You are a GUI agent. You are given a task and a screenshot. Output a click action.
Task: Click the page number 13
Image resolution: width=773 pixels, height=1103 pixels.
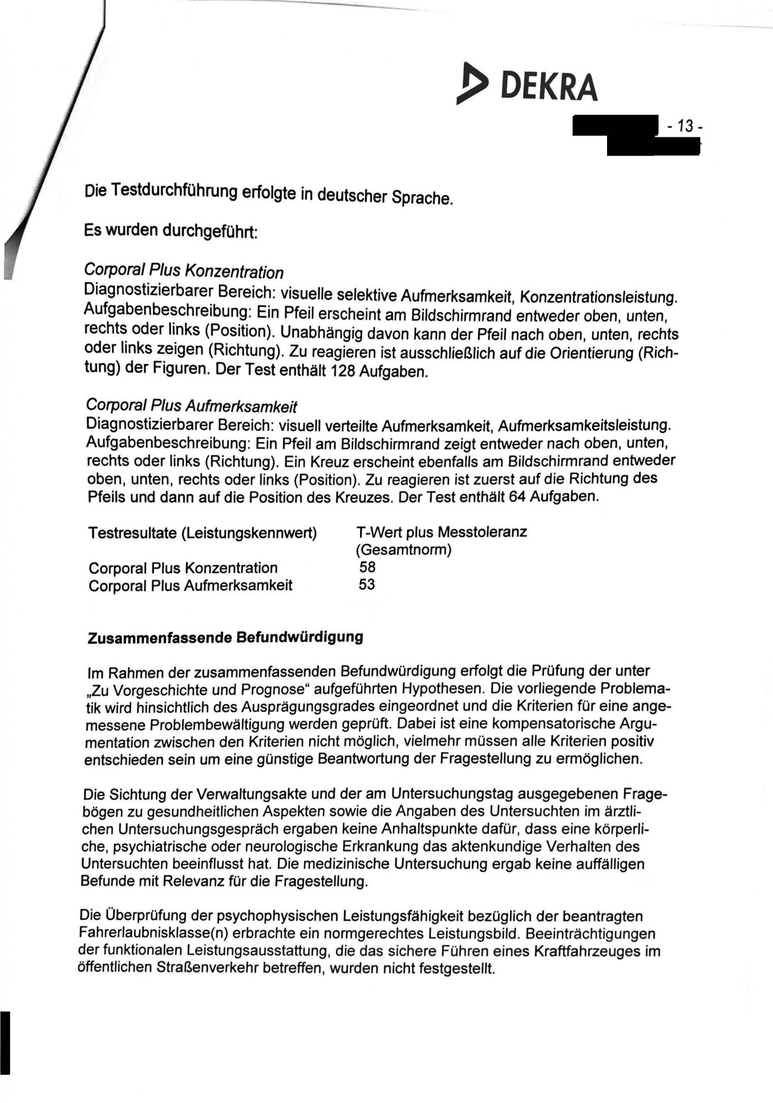tap(684, 127)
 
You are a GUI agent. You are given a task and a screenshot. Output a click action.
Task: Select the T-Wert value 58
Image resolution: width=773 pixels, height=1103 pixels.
tap(367, 566)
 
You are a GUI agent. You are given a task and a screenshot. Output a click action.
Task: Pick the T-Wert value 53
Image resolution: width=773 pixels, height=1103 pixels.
tap(367, 584)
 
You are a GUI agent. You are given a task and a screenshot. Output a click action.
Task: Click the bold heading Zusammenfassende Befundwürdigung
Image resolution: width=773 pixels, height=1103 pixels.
tap(226, 637)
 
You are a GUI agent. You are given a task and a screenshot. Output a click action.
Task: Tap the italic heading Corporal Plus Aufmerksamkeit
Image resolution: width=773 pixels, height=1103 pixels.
tap(191, 406)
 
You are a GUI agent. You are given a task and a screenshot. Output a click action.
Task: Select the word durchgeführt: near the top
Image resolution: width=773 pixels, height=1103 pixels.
tap(209, 230)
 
